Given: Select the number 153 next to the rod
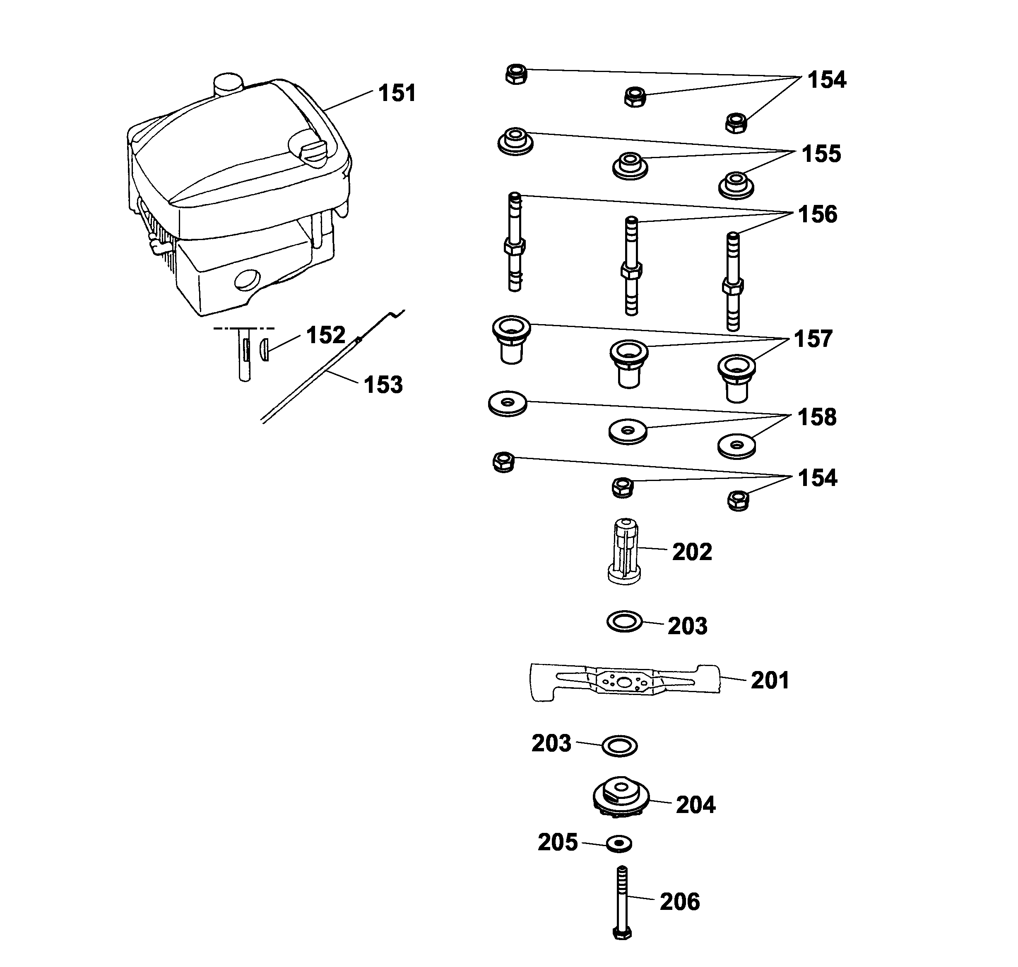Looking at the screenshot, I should point(383,385).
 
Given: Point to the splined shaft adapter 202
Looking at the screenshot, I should point(625,551).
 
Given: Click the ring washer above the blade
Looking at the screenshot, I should point(624,622).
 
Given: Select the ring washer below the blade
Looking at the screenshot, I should point(620,746).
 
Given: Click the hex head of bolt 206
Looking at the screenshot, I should point(623,933).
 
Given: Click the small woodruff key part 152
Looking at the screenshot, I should point(265,350).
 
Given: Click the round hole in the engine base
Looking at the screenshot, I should point(248,281).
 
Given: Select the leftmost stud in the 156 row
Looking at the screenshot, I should point(515,242).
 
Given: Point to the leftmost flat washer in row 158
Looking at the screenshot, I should point(508,403).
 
